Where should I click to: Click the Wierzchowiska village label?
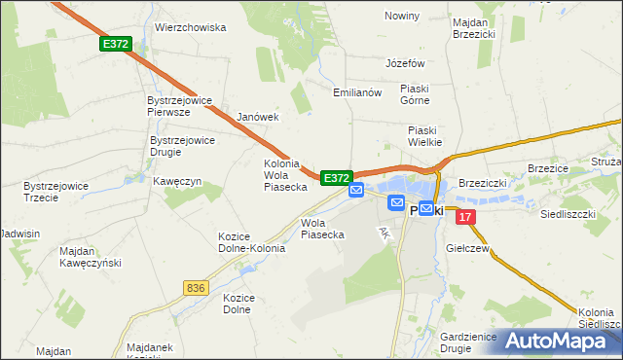pos(190,27)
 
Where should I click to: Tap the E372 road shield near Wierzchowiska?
pos(114,44)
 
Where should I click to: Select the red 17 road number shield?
pos(466,217)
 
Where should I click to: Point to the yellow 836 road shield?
pos(196,287)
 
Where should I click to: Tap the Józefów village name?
pos(406,62)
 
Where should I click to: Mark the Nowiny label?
pos(402,17)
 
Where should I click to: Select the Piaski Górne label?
pos(421,93)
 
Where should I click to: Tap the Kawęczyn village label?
pos(176,181)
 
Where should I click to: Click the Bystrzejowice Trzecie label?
pos(55,191)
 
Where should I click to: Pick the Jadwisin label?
pos(21,234)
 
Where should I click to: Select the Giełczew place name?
pos(467,249)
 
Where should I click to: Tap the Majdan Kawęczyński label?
pos(89,258)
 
